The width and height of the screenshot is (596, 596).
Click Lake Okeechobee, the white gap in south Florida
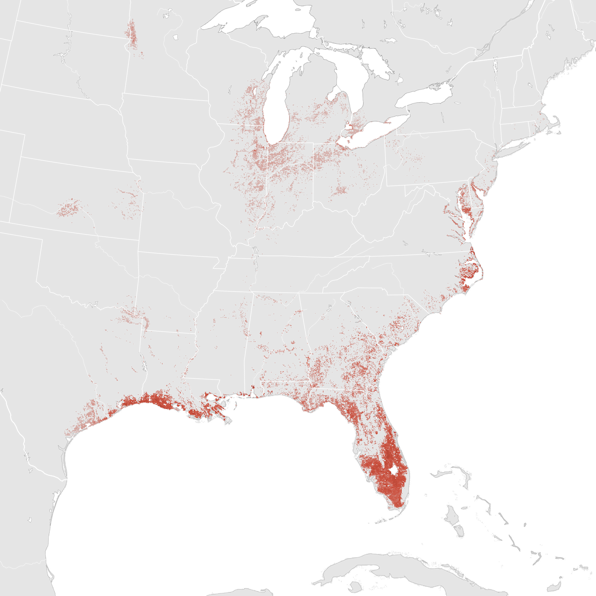tap(394, 469)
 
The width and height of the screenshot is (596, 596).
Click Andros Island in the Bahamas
tap(452, 517)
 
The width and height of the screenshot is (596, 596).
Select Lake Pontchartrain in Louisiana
tap(212, 397)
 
